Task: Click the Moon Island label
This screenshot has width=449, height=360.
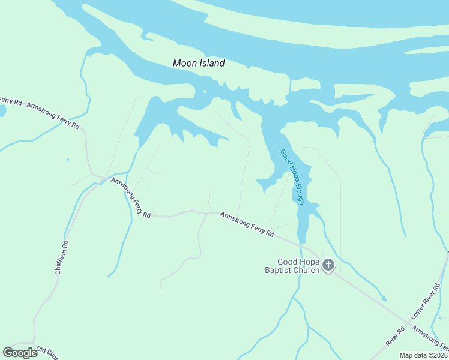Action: click(x=199, y=63)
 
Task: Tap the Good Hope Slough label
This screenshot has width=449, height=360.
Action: click(x=293, y=177)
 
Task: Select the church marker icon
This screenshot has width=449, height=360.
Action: click(x=328, y=265)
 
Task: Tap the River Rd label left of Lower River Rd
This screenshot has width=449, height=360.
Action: click(x=394, y=336)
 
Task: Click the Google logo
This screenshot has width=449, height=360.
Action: click(x=20, y=353)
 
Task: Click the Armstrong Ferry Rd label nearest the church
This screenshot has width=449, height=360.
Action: click(x=247, y=224)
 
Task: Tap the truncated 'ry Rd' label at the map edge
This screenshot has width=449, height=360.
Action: click(x=10, y=100)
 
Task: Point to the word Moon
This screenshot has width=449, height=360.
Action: click(x=184, y=63)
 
